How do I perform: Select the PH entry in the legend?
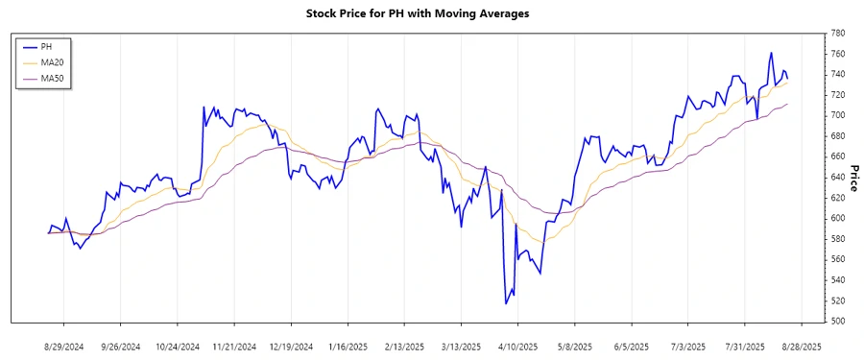click(46, 46)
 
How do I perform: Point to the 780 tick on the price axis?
click(837, 33)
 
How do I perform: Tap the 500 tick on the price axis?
click(837, 322)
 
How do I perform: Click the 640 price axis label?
click(837, 177)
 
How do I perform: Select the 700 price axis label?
click(837, 115)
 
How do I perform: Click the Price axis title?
click(853, 177)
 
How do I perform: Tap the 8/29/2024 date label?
click(64, 347)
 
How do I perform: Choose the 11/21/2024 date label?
click(234, 347)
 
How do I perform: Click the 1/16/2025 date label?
click(348, 347)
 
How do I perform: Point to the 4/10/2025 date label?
click(518, 347)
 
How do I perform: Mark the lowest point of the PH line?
click(506, 303)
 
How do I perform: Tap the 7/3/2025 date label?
click(688, 347)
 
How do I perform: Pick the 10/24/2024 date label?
click(178, 347)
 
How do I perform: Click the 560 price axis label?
click(837, 259)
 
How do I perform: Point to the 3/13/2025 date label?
click(462, 347)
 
